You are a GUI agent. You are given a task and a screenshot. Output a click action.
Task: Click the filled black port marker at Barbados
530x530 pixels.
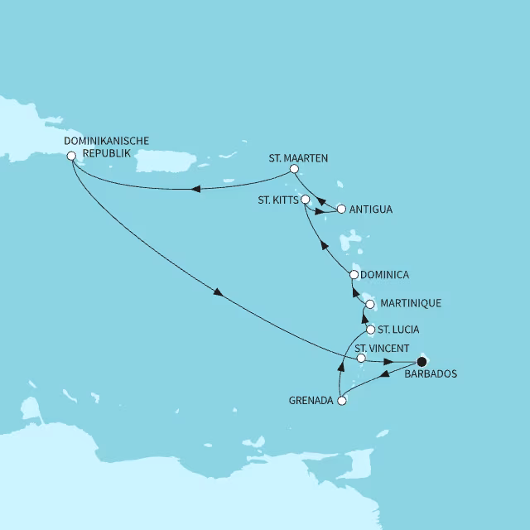tap(422, 361)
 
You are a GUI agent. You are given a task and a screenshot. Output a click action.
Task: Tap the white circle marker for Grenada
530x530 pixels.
tap(341, 401)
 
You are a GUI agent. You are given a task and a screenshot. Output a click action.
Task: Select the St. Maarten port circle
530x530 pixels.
tap(293, 170)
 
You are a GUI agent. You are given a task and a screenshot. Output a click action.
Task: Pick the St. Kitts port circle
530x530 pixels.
tap(305, 200)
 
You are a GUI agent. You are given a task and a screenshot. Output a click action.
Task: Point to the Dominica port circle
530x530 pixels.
tap(354, 274)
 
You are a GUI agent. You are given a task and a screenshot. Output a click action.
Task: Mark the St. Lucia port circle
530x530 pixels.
tap(370, 330)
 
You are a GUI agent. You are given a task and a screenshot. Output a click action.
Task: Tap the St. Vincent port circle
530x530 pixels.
tap(361, 359)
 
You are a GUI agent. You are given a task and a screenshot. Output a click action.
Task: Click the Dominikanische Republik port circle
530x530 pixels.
tap(71, 155)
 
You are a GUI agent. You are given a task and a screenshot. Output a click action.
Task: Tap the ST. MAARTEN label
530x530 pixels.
tap(299, 157)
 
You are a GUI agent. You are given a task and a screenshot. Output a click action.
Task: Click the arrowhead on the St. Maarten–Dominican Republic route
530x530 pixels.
tap(196, 189)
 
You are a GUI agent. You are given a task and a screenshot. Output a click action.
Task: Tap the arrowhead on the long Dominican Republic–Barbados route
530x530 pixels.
tap(218, 292)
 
